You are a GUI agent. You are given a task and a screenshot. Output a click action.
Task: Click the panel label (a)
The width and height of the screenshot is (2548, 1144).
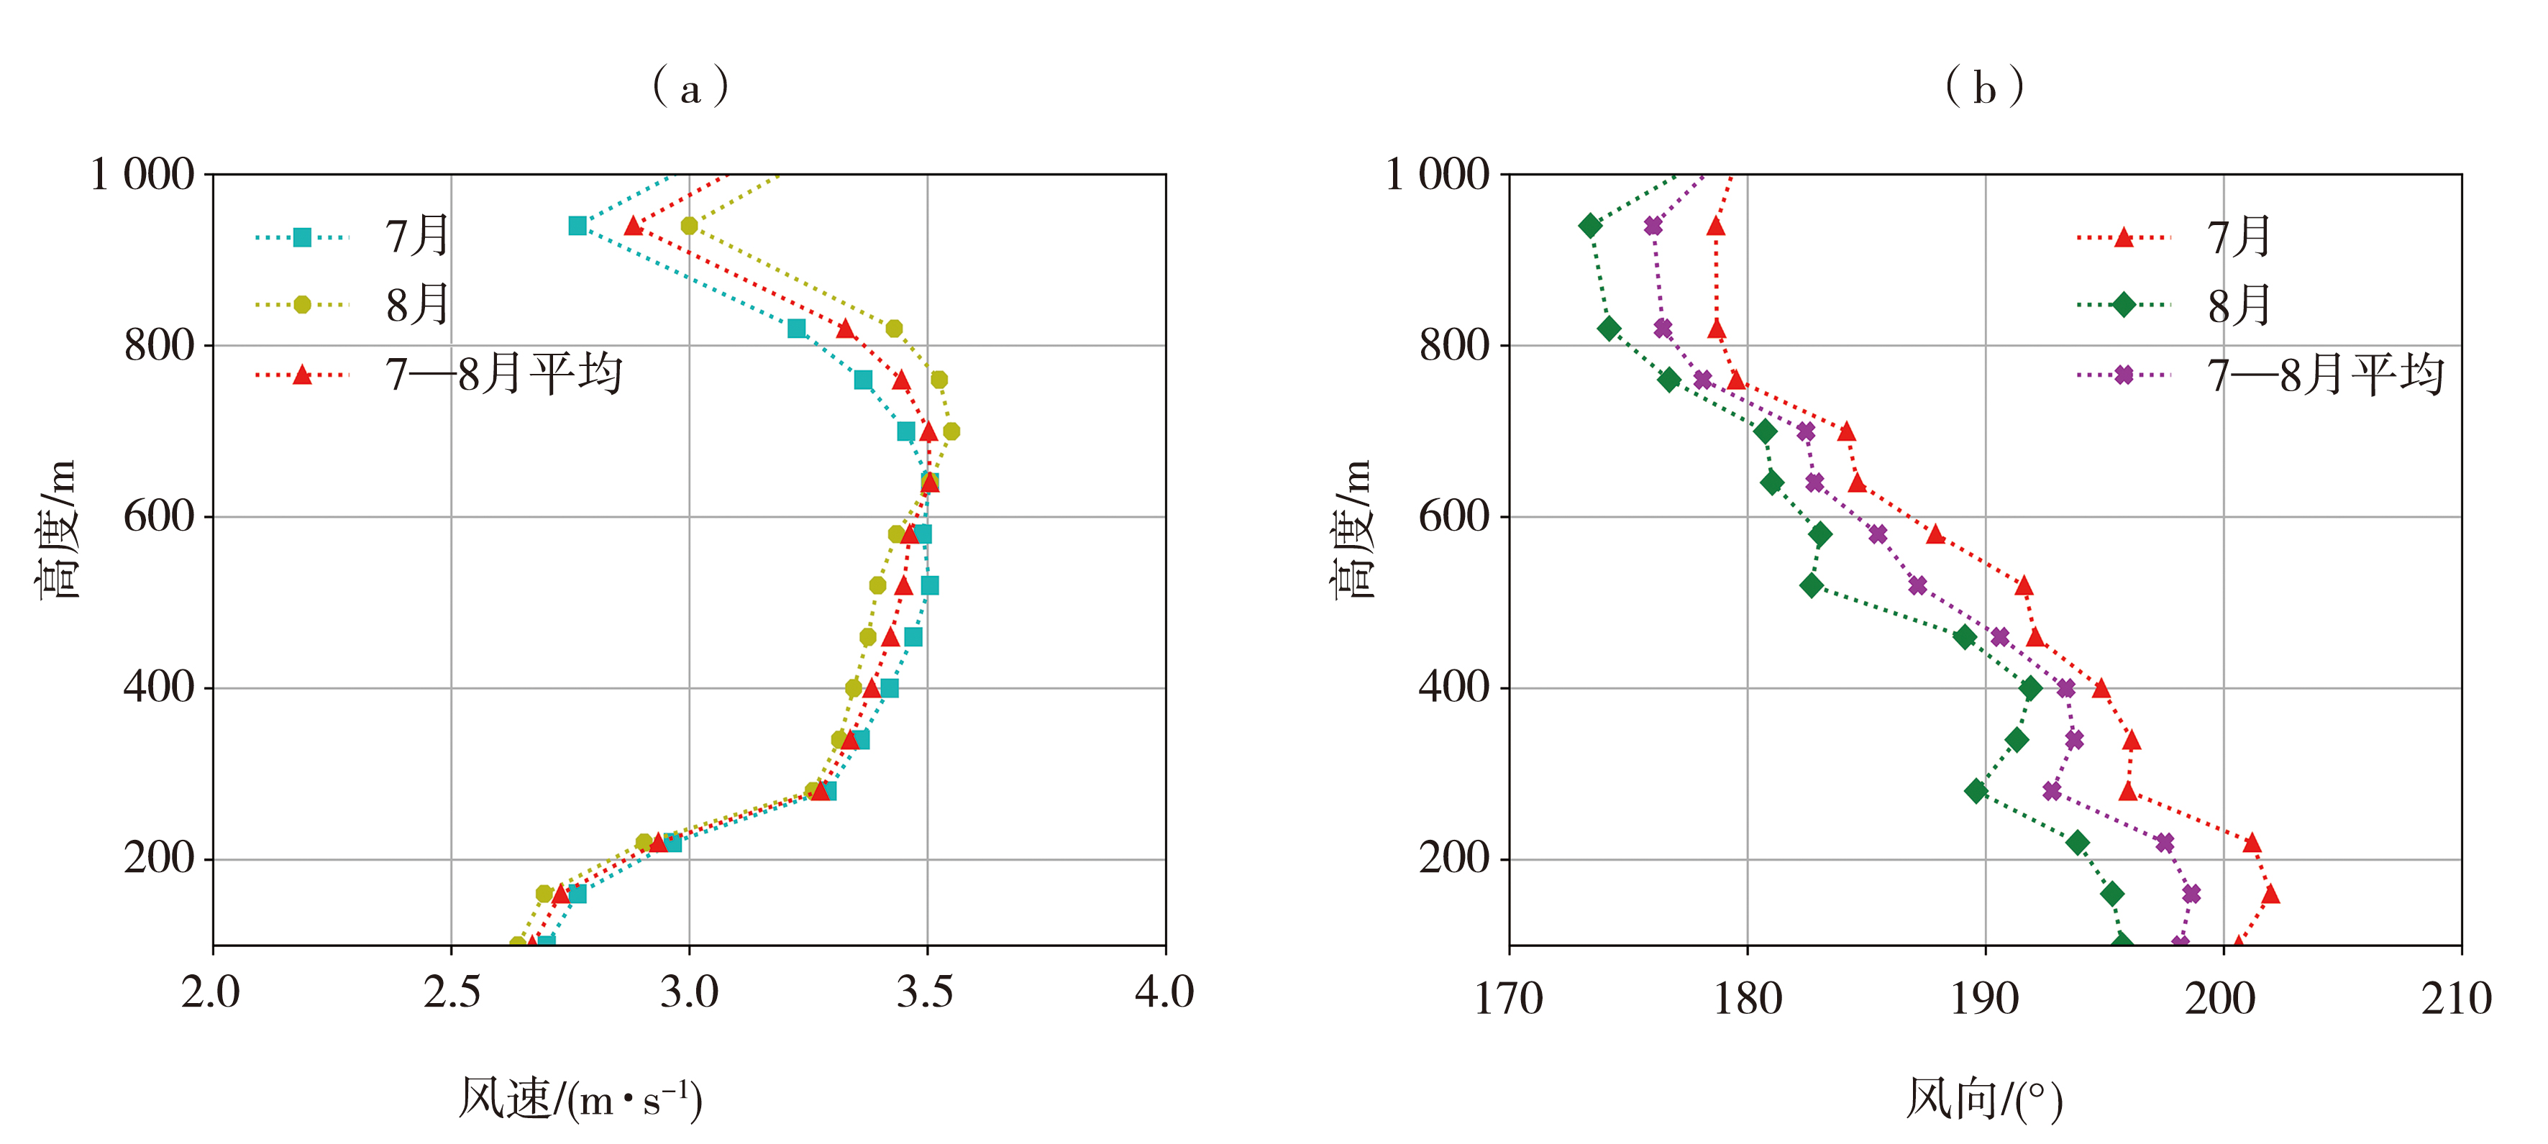690,88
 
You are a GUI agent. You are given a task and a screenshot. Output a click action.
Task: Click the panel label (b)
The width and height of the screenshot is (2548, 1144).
1984,88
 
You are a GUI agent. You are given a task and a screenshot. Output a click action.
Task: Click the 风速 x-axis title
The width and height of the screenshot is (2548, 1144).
580,1099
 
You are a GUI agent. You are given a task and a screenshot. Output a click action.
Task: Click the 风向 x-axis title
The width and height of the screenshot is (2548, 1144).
1984,1099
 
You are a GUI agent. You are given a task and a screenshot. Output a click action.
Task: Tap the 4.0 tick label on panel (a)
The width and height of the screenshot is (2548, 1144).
1164,992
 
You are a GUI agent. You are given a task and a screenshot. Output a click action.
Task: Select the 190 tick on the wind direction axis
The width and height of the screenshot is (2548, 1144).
1984,999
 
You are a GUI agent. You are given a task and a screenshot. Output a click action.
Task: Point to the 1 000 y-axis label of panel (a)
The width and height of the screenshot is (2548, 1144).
142,175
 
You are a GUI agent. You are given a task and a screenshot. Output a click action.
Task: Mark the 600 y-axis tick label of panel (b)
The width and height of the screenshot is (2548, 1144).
1453,516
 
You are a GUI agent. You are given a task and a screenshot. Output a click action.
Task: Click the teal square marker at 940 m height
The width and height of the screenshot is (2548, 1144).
577,226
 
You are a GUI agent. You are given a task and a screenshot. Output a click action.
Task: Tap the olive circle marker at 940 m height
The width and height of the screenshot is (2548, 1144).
690,226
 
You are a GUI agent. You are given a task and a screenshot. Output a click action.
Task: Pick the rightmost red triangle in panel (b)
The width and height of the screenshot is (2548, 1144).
2271,894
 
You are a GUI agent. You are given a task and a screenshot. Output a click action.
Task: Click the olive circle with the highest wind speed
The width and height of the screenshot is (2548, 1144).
951,431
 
